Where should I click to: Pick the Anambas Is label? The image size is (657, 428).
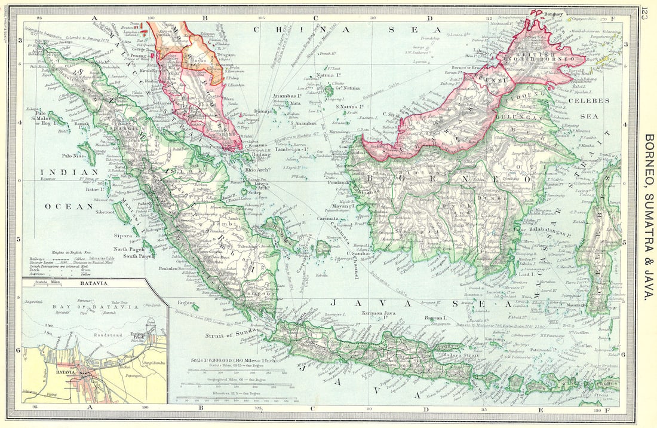(287, 96)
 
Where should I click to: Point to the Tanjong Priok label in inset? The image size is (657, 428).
(139, 337)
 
